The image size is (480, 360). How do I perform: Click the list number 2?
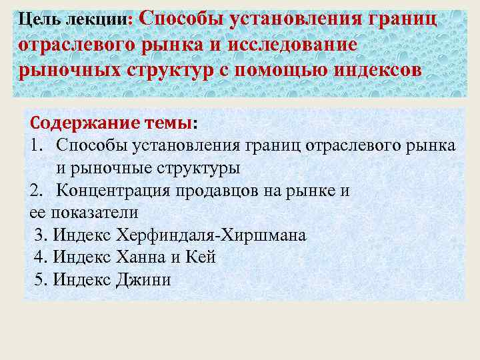click(x=37, y=191)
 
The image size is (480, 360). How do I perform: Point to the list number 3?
click(x=41, y=235)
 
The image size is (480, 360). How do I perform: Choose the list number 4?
click(x=41, y=257)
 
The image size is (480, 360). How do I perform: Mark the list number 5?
click(x=41, y=280)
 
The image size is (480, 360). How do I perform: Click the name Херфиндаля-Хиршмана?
click(x=211, y=235)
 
